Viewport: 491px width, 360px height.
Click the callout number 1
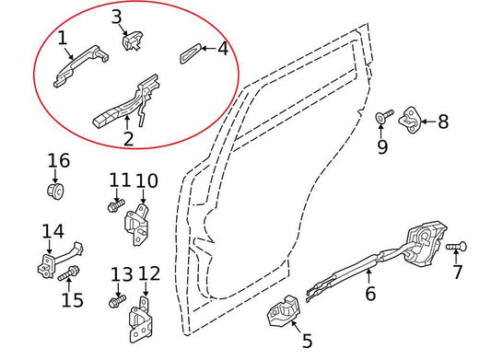(62, 38)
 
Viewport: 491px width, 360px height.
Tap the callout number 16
(58, 161)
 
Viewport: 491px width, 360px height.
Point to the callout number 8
(442, 121)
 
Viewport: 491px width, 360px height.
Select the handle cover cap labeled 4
(189, 52)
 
